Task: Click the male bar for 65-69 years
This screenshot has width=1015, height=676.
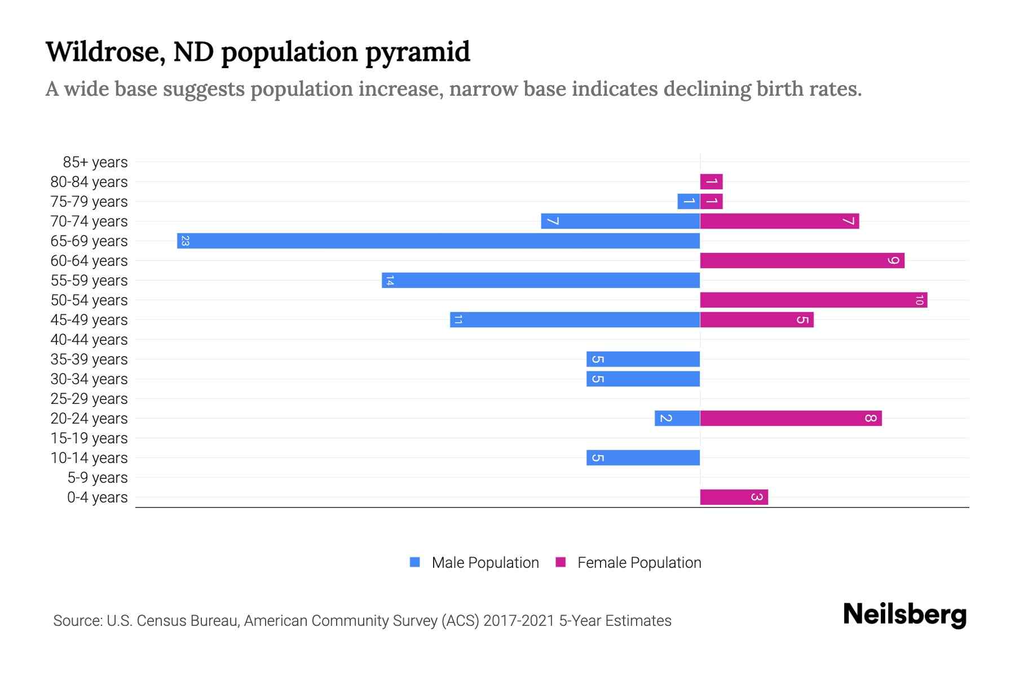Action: point(438,241)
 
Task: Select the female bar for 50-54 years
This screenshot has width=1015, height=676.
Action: point(813,300)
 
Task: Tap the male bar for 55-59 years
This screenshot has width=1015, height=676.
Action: point(540,281)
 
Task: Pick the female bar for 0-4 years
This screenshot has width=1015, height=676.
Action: point(734,497)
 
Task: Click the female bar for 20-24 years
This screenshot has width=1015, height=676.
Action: point(791,419)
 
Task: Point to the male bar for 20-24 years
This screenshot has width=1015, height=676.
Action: point(677,419)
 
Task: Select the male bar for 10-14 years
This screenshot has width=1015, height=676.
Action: point(643,458)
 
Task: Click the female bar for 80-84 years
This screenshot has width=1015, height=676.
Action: point(711,182)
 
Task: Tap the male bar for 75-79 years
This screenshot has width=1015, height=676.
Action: point(689,202)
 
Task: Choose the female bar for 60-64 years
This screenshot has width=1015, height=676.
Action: point(802,261)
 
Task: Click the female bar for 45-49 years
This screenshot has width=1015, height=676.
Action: point(756,320)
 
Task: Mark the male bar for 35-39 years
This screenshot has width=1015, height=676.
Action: point(643,359)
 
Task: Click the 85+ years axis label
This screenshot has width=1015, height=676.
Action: point(95,162)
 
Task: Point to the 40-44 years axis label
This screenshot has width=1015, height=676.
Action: point(89,340)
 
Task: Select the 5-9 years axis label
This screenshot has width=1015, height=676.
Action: point(98,478)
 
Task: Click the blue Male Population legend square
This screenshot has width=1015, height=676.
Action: point(415,562)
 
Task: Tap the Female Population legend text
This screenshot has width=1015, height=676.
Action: point(639,563)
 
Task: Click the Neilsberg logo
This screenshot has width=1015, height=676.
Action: point(904,615)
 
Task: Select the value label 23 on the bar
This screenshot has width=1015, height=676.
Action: point(185,241)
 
